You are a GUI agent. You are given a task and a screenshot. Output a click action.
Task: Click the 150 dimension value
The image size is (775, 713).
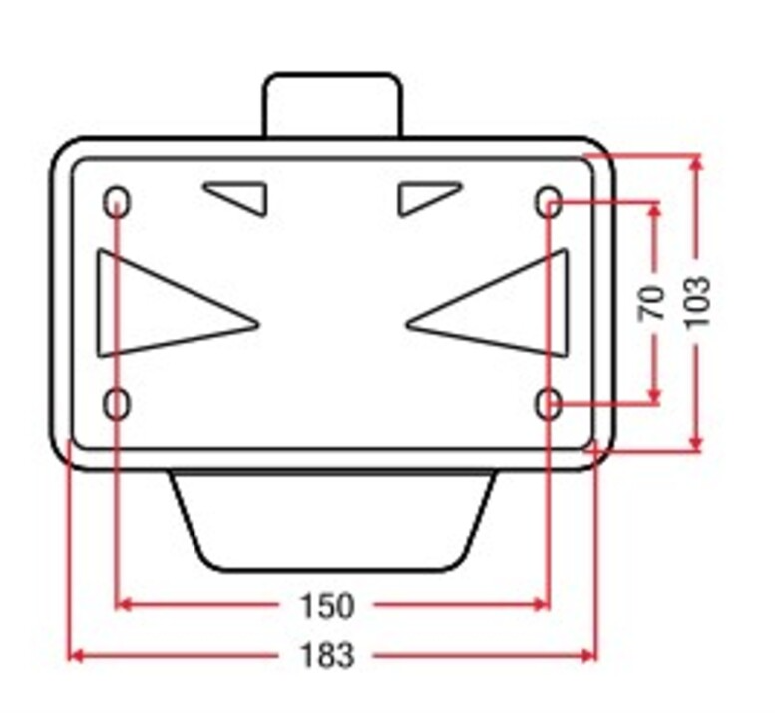(x=327, y=606)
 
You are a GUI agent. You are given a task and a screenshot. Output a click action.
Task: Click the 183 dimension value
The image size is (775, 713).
(x=327, y=655)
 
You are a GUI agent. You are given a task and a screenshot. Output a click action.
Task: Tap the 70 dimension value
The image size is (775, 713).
(x=652, y=303)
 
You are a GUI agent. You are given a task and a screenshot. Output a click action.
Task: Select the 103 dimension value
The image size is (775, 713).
(x=698, y=302)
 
